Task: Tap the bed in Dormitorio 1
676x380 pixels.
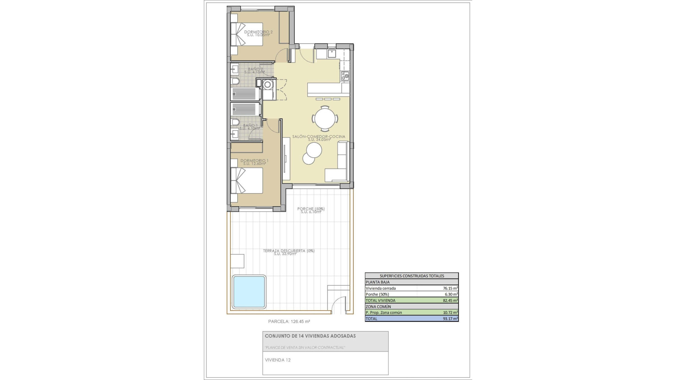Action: click(247, 180)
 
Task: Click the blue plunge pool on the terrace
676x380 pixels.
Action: click(249, 292)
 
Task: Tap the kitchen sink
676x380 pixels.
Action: click(332, 53)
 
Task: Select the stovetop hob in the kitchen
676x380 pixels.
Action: click(345, 76)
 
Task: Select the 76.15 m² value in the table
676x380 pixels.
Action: click(450, 288)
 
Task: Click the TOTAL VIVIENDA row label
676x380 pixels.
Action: click(380, 300)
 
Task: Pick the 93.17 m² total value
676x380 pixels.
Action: click(450, 319)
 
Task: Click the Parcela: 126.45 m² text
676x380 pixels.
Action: click(289, 321)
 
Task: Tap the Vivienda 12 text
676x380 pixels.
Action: click(277, 360)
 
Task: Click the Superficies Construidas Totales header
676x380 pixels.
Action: click(412, 276)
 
